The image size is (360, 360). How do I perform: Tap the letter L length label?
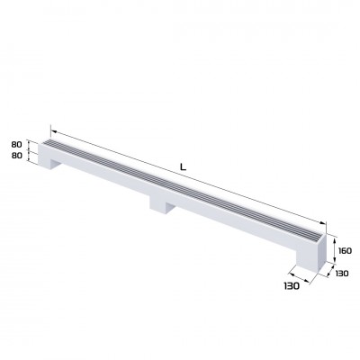(183, 166)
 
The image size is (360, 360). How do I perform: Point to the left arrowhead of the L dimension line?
(51, 129)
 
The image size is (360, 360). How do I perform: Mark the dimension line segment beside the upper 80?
(33, 145)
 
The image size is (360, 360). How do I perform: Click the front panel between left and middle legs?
(103, 176)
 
